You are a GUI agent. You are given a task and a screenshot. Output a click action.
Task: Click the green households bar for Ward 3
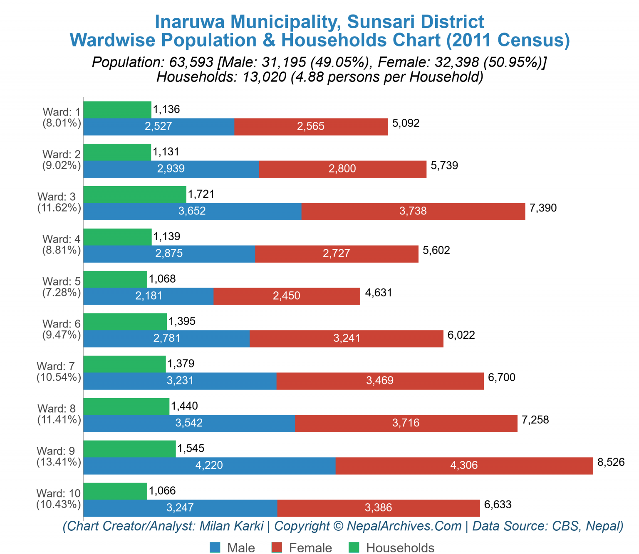(x=135, y=194)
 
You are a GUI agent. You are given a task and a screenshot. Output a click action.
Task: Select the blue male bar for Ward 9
(x=209, y=465)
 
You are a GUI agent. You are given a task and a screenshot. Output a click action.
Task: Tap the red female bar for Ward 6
(x=346, y=338)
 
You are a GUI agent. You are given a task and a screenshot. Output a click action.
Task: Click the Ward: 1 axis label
(x=62, y=112)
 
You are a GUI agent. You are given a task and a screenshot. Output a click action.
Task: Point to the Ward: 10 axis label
(x=58, y=493)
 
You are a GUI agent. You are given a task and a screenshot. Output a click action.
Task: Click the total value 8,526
(x=611, y=462)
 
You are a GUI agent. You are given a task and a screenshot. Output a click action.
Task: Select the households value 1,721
(x=201, y=194)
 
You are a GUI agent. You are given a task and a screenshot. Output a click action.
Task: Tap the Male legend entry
(x=233, y=547)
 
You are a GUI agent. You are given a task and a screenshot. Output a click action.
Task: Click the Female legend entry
(x=302, y=547)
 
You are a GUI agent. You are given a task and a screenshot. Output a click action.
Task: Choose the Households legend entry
(x=391, y=547)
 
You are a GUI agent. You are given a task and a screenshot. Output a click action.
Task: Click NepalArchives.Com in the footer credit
(x=404, y=526)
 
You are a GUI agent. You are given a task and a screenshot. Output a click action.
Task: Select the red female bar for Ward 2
(x=342, y=169)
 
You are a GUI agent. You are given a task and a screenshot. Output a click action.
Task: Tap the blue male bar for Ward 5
(x=149, y=296)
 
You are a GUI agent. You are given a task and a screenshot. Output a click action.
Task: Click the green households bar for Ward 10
(x=115, y=491)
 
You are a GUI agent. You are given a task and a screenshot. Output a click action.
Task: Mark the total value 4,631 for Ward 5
(x=379, y=293)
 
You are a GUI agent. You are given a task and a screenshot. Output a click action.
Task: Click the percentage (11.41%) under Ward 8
(x=59, y=420)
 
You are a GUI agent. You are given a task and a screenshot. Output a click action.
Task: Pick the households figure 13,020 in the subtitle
(x=262, y=77)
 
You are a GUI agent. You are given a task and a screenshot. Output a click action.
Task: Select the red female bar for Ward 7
(x=380, y=381)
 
